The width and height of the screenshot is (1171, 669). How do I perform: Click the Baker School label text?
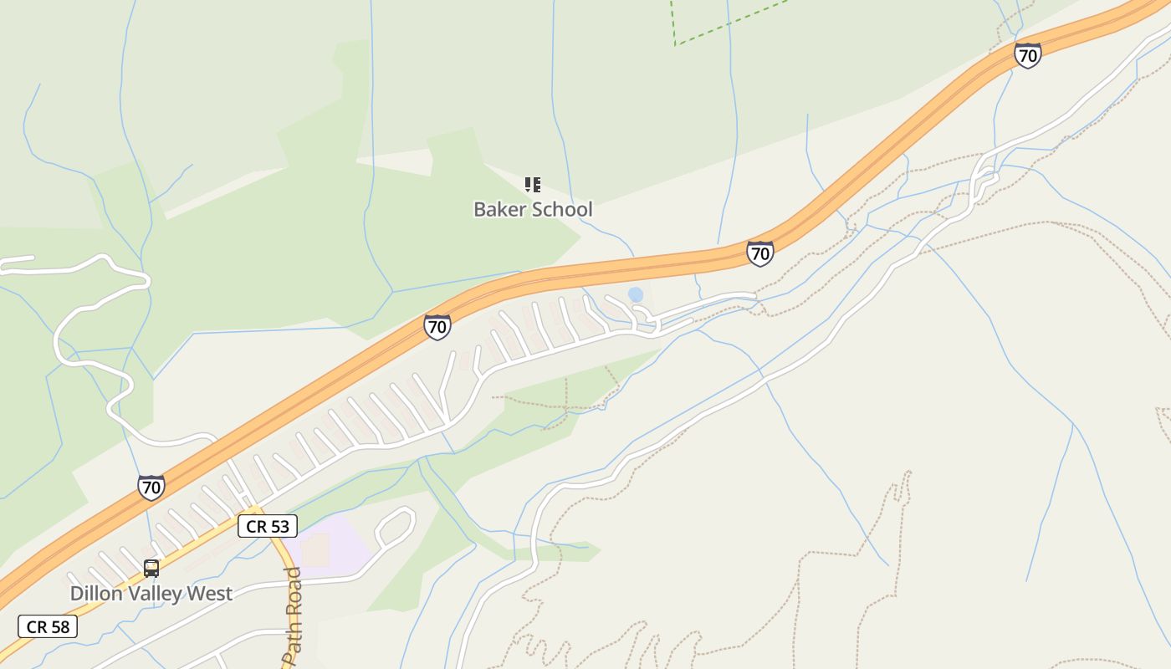pos(533,209)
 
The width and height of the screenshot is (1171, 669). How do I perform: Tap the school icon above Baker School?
pos(533,185)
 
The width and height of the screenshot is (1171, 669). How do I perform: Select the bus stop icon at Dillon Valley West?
pos(151,569)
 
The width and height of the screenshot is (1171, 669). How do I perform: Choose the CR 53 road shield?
pos(268,527)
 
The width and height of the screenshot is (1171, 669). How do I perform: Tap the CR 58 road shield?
pos(48,626)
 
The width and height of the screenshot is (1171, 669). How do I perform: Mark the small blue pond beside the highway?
pos(636,294)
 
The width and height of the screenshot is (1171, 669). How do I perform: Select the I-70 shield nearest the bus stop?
pos(151,488)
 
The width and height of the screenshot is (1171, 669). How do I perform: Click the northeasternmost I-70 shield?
pos(1027,55)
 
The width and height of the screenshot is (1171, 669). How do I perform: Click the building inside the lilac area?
pos(315,550)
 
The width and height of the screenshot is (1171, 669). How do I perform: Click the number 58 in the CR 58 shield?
pos(60,626)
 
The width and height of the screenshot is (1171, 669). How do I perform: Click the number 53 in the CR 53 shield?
pos(279,527)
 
